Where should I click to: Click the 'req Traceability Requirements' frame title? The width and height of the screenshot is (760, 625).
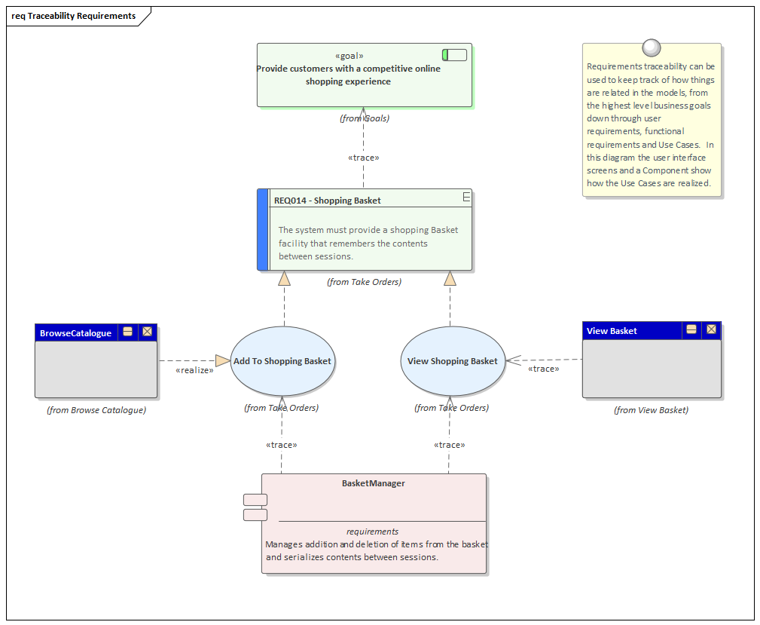point(74,16)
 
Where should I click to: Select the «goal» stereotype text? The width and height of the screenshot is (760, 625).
point(349,56)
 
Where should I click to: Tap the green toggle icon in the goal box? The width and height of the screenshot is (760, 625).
point(454,55)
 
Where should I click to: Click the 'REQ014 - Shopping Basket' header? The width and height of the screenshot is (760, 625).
point(327,201)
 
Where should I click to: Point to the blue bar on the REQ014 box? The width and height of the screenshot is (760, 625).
point(263,230)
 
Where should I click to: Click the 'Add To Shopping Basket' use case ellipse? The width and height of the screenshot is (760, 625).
point(282,361)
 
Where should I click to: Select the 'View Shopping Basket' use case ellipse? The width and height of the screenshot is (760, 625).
point(452,361)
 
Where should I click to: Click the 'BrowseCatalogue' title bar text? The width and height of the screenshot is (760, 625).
point(75,333)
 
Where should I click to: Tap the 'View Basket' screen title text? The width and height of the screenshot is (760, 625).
point(612,331)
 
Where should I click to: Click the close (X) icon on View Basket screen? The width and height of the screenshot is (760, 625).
point(711,330)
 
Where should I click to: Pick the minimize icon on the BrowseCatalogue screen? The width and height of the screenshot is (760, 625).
point(128,332)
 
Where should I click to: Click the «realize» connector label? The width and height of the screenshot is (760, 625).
point(194,370)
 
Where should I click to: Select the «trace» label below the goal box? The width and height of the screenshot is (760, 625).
point(363,158)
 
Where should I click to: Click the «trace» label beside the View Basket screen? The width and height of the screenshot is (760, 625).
point(543,369)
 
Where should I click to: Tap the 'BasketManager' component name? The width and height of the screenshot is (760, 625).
point(373,483)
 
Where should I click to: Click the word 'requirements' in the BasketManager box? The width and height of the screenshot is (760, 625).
point(372,532)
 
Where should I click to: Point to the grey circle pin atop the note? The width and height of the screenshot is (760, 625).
point(652,48)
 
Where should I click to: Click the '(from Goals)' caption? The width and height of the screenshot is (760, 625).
point(364,118)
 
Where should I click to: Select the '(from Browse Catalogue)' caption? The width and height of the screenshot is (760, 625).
point(96,410)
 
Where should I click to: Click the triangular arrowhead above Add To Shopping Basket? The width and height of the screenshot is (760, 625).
point(284,279)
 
